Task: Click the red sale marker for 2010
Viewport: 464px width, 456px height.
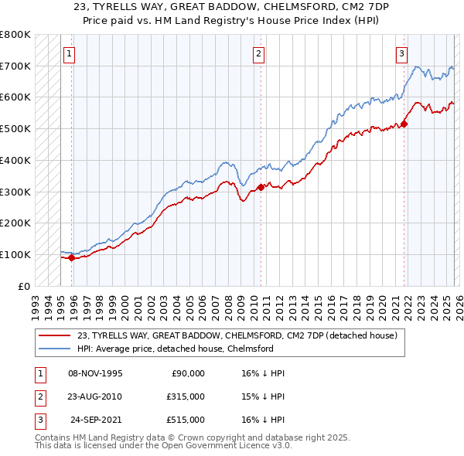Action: [x=261, y=186]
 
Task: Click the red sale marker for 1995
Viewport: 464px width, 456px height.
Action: [x=71, y=258]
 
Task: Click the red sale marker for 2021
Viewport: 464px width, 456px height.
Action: [x=404, y=124]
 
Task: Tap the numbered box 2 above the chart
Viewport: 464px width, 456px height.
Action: [x=258, y=54]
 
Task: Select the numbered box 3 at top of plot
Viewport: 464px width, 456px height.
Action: [x=402, y=54]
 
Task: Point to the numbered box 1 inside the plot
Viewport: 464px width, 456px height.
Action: [x=70, y=54]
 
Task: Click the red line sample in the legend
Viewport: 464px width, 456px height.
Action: [x=56, y=335]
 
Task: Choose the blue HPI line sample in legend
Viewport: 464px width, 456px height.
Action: [x=56, y=349]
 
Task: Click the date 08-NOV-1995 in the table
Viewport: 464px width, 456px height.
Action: [x=95, y=373]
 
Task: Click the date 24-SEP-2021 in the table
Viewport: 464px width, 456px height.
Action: [x=97, y=419]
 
